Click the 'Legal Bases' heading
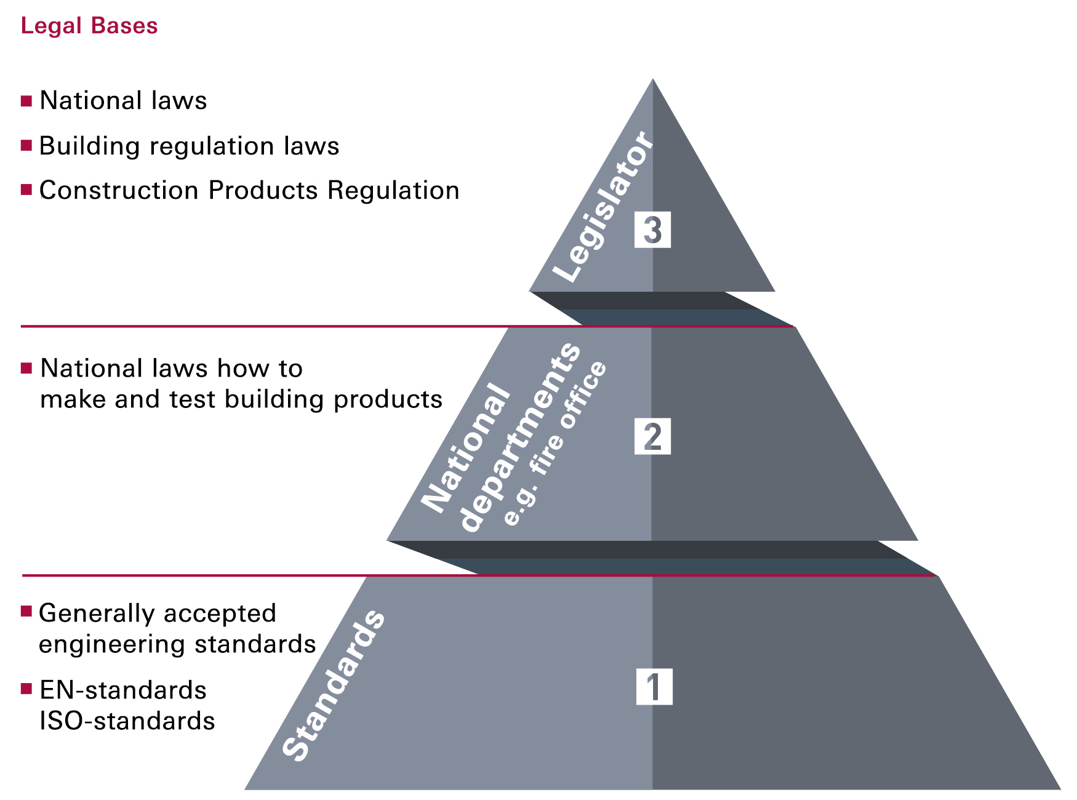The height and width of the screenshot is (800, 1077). pyautogui.click(x=89, y=26)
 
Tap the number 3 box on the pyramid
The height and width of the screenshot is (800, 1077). pyautogui.click(x=652, y=230)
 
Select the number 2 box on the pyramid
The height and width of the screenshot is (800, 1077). pyautogui.click(x=652, y=437)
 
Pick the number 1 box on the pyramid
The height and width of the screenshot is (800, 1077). pyautogui.click(x=654, y=687)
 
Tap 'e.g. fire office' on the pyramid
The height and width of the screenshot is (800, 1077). pyautogui.click(x=555, y=443)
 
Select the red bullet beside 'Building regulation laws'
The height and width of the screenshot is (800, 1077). pyautogui.click(x=26, y=146)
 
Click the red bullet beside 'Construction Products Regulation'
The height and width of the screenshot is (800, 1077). pyautogui.click(x=26, y=190)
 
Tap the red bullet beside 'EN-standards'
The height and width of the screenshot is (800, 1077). pyautogui.click(x=26, y=689)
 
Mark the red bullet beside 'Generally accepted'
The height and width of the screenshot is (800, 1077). pyautogui.click(x=26, y=611)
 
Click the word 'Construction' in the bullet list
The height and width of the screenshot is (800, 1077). pyautogui.click(x=119, y=191)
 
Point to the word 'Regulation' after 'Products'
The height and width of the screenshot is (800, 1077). pyautogui.click(x=393, y=191)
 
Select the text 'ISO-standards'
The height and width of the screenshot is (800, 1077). pyautogui.click(x=127, y=721)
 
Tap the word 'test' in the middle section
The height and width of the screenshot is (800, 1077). pyautogui.click(x=193, y=400)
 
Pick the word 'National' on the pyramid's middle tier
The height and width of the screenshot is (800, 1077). pyautogui.click(x=466, y=448)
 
